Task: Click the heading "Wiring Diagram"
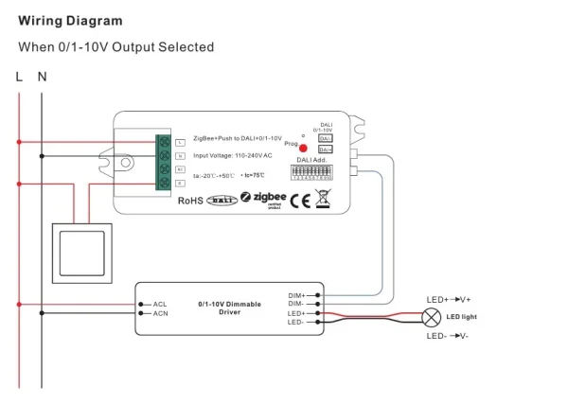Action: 70,20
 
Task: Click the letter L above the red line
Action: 19,77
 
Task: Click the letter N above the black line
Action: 42,77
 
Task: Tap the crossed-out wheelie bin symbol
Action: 323,198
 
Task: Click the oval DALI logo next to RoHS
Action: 221,200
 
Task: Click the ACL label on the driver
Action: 160,304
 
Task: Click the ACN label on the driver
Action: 160,313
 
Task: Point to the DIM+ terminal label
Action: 296,295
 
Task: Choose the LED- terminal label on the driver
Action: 296,322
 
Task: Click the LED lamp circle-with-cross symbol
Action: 433,317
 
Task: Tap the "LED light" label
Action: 462,317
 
